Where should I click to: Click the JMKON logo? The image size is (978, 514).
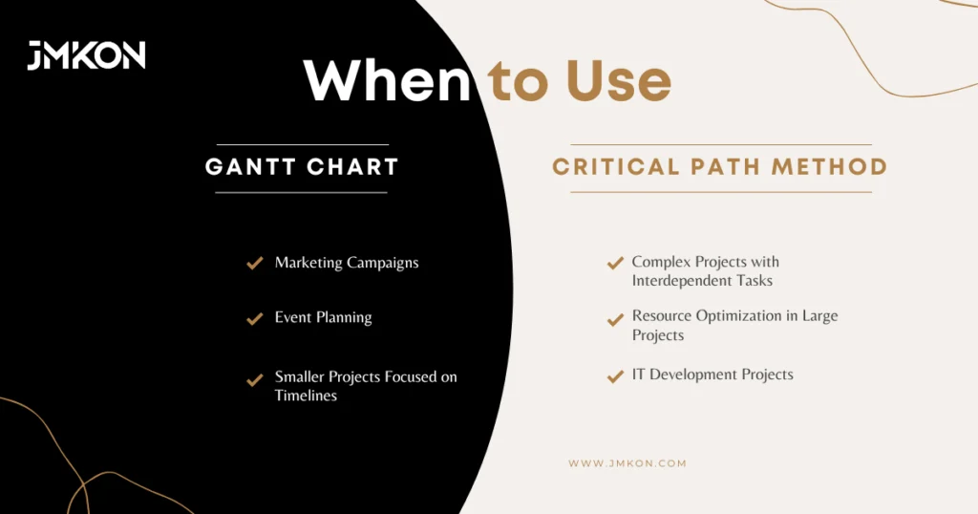click(86, 55)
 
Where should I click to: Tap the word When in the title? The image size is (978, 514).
click(387, 80)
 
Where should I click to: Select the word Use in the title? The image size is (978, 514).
click(619, 80)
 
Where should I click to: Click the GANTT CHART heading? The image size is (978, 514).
click(302, 166)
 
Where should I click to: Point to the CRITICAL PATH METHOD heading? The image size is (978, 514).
click(720, 166)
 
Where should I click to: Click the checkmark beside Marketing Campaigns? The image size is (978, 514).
click(254, 263)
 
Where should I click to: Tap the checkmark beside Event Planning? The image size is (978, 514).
click(254, 318)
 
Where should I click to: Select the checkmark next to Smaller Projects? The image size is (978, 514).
click(254, 379)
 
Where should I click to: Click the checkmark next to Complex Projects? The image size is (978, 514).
click(616, 263)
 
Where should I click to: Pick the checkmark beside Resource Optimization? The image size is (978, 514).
click(616, 319)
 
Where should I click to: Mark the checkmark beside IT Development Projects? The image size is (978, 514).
click(616, 375)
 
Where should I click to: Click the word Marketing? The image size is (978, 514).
click(308, 263)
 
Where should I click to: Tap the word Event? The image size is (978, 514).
click(293, 317)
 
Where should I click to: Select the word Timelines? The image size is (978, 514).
click(306, 396)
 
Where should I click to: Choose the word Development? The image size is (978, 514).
click(693, 375)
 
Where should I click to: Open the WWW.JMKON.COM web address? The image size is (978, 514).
click(627, 463)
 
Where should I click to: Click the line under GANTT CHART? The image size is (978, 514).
click(301, 193)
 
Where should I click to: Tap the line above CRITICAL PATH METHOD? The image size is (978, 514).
click(721, 144)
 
